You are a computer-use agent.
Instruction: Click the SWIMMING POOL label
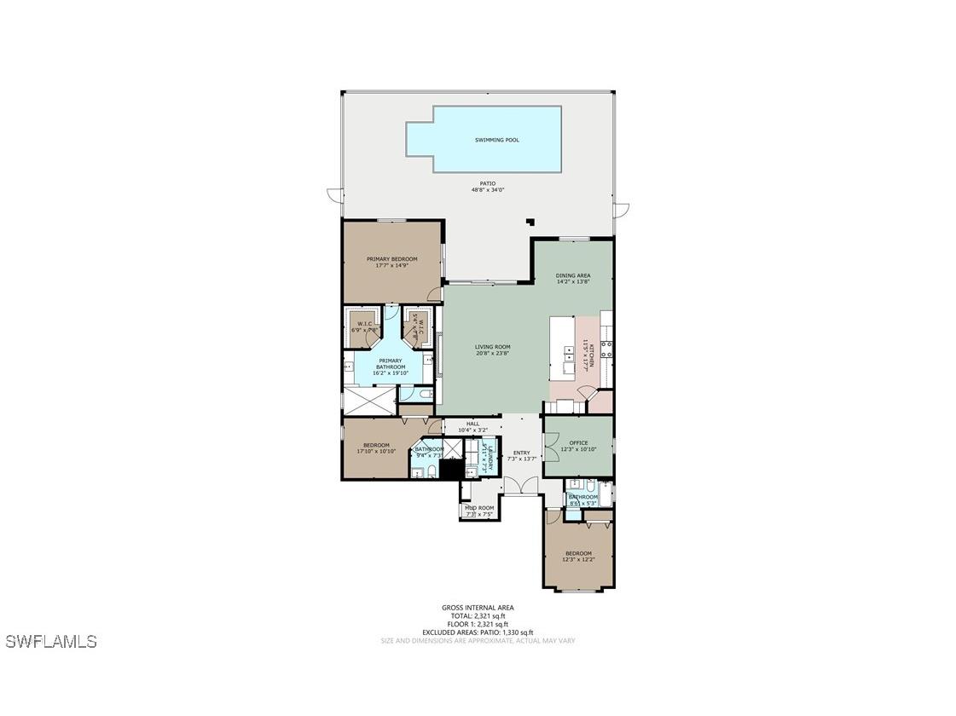(496, 140)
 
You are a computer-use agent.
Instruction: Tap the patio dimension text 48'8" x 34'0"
(487, 190)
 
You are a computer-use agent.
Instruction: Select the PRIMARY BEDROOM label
(391, 259)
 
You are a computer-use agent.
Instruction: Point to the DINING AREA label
(572, 275)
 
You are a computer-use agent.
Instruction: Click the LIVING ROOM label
(492, 347)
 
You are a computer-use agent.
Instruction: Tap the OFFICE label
(578, 443)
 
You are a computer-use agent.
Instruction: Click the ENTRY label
(521, 453)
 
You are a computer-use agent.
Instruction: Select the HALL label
(472, 424)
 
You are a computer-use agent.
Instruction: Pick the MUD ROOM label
(479, 508)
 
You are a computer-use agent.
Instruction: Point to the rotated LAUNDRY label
(486, 455)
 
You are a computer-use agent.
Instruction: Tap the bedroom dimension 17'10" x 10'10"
(376, 451)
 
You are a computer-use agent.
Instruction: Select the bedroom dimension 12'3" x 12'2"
(577, 559)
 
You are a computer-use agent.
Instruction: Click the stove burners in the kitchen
(605, 348)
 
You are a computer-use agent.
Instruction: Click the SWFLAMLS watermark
(51, 641)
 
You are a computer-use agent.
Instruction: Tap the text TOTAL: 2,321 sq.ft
(478, 615)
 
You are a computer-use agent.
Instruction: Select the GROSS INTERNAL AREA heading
(478, 608)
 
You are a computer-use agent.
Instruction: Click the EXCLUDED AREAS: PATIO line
(478, 632)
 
